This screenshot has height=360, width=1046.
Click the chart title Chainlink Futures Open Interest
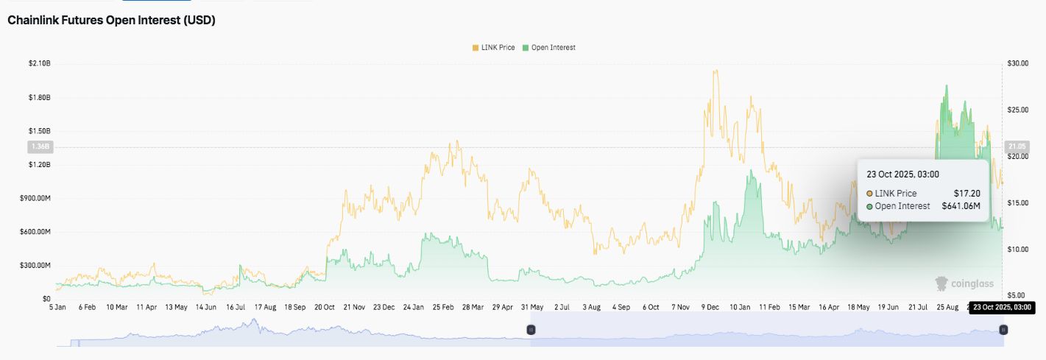coord(111,21)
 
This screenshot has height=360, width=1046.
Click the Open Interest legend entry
coord(548,47)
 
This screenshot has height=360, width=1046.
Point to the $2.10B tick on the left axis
coord(40,64)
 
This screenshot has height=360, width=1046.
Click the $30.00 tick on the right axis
coord(1018,64)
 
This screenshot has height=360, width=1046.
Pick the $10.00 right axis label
coord(1018,250)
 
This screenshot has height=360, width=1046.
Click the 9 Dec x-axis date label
coord(711,306)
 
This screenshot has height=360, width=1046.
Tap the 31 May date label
coord(531,306)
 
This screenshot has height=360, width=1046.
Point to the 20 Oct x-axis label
coord(325,306)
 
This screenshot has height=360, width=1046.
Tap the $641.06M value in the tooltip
coord(961,206)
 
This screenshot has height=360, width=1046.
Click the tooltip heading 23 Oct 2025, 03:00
coord(902,174)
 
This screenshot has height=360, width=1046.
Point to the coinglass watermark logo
coord(964,283)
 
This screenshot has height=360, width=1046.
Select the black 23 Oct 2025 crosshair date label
coord(1002,307)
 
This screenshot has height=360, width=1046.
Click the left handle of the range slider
coord(530,331)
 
